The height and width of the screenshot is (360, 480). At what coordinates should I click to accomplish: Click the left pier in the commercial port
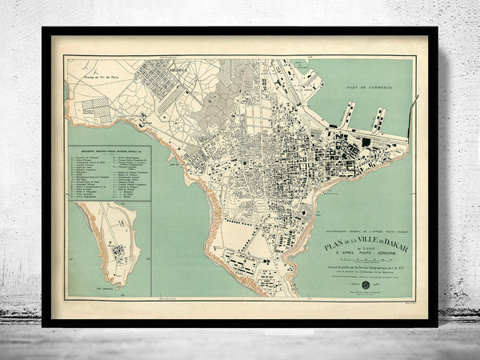(x=346, y=114)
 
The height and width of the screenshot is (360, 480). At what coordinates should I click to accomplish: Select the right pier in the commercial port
(x=377, y=118)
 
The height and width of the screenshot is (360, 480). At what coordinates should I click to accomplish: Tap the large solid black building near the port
(x=366, y=142)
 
